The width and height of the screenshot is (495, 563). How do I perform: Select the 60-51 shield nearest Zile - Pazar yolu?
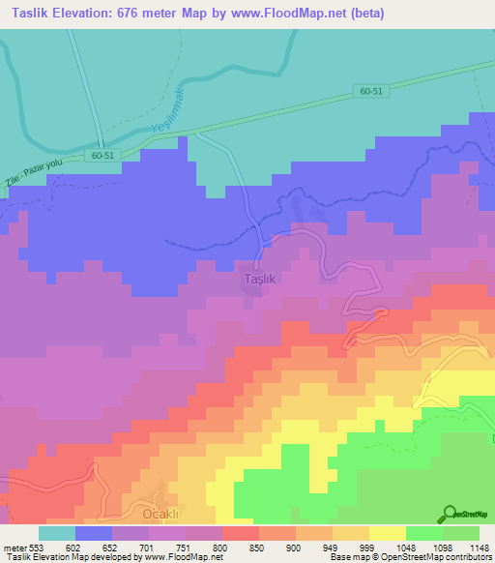coord(107,155)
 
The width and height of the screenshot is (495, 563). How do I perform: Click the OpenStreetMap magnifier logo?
coord(450,514)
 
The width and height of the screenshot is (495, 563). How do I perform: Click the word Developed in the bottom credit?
coord(109,557)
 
